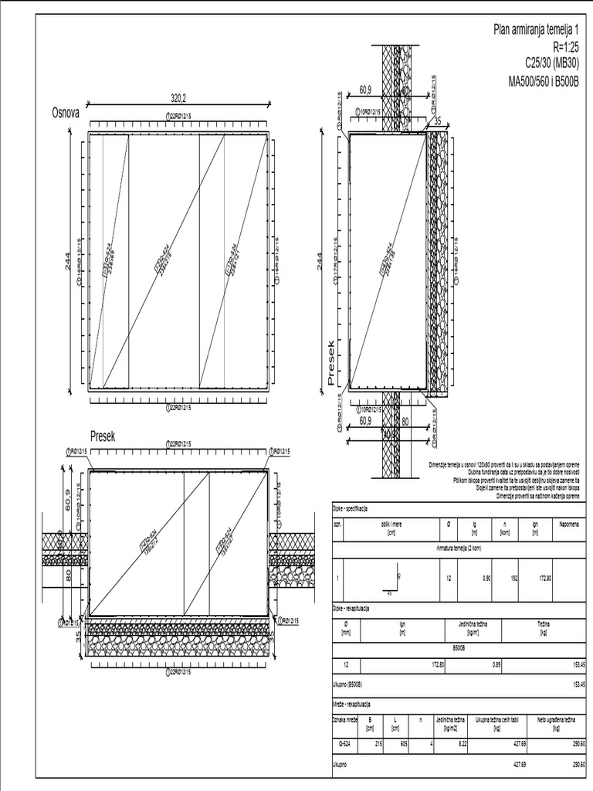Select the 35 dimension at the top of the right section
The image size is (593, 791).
[x=437, y=121]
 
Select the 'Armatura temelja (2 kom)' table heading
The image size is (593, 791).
[x=458, y=546]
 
